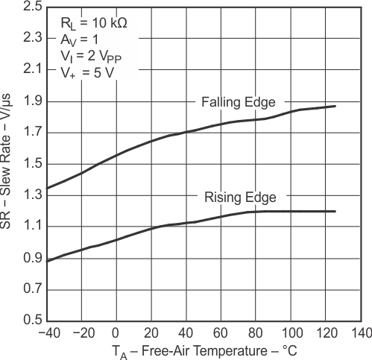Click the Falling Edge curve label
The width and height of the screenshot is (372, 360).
tap(238, 102)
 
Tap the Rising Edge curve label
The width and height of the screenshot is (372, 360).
tap(240, 197)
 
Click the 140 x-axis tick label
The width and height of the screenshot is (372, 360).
tap(361, 332)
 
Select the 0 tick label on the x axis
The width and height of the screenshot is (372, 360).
tap(116, 332)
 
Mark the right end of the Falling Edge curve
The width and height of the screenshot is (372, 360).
tap(335, 106)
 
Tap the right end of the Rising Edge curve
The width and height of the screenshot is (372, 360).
tap(335, 211)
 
